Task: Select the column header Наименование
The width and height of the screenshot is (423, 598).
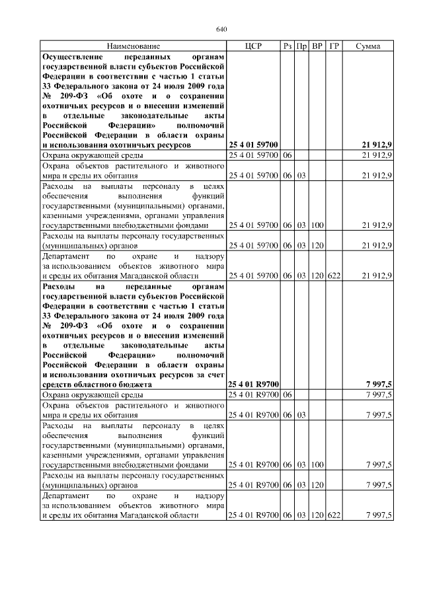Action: (x=134, y=46)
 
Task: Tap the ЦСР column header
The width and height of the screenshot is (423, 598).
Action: (x=253, y=46)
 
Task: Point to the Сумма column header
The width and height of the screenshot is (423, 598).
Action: (x=367, y=46)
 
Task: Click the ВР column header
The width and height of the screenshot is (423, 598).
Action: (x=317, y=46)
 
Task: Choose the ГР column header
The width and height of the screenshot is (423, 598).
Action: (x=334, y=46)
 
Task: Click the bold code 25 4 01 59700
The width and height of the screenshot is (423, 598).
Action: (x=253, y=144)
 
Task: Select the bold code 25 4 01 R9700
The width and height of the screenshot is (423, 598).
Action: (x=253, y=384)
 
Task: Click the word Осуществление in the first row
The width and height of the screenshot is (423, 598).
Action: (x=73, y=57)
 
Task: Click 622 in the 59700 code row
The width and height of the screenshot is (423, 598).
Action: (x=334, y=275)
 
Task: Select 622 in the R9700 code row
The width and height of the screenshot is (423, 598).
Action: (x=334, y=515)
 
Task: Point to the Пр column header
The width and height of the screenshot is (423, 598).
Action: (x=301, y=46)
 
